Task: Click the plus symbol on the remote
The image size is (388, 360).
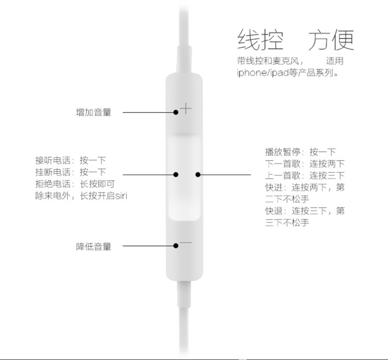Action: tap(186, 108)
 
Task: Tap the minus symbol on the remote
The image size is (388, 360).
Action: tap(186, 242)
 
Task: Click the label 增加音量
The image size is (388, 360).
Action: tap(93, 112)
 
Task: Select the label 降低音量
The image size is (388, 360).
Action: tap(93, 247)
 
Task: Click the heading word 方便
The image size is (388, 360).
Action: tap(331, 40)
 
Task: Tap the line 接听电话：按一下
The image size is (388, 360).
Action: tap(70, 161)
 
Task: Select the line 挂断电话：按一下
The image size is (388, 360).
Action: tap(70, 172)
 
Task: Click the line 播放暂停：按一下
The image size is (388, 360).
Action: tap(300, 152)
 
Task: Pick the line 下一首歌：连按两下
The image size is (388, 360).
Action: tap(305, 164)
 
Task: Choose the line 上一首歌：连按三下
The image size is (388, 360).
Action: tap(305, 175)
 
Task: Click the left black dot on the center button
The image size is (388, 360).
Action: tap(176, 174)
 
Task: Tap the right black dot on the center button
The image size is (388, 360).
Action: tap(197, 174)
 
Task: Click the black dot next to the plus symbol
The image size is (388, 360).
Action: tap(176, 112)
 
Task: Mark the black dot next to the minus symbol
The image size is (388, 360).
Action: tap(176, 246)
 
